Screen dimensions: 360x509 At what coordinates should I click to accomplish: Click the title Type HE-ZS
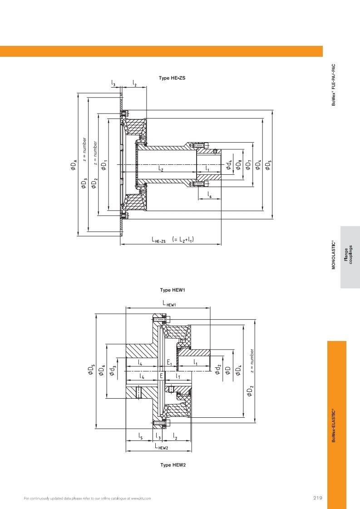[172, 78]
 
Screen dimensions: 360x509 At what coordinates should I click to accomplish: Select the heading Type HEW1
[173, 290]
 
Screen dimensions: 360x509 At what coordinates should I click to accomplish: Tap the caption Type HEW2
[173, 465]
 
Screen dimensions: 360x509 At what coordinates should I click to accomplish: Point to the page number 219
[318, 498]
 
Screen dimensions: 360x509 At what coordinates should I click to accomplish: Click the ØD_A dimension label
[74, 164]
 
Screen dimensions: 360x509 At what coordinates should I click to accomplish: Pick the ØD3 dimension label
[84, 183]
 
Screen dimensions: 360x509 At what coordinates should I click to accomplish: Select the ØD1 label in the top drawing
[104, 164]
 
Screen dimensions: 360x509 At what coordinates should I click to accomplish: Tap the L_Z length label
[161, 168]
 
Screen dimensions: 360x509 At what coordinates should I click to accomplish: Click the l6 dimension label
[210, 194]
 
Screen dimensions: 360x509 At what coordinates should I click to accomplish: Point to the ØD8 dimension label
[239, 164]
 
